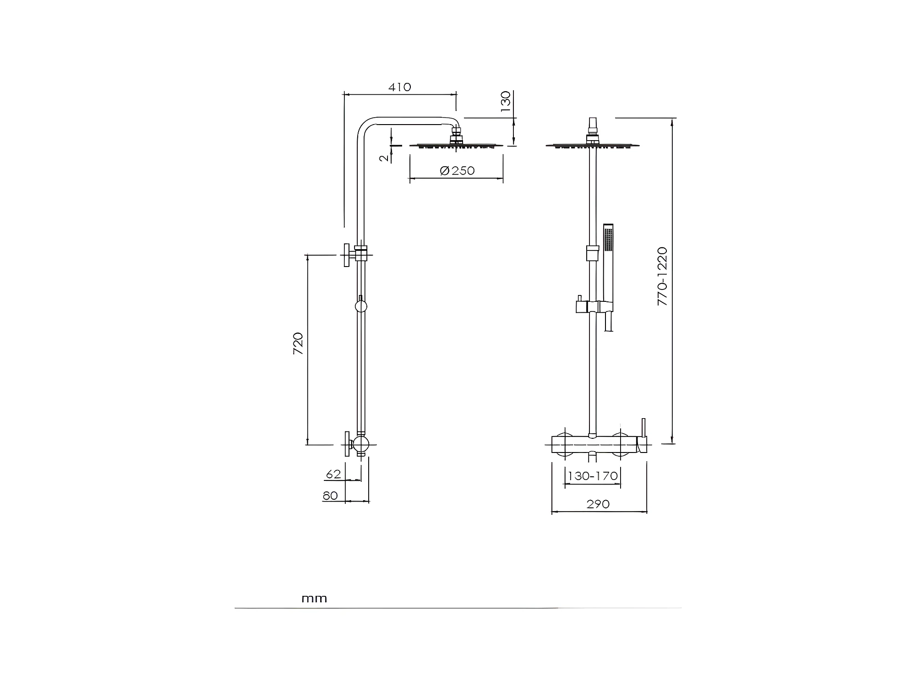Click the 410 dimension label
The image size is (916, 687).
click(x=400, y=87)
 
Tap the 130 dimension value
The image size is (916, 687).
click(x=505, y=102)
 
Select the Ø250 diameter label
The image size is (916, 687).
click(x=457, y=171)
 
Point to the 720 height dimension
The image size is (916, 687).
click(x=298, y=343)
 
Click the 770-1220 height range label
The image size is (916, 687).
click(x=663, y=276)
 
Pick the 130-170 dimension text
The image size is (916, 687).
click(x=593, y=476)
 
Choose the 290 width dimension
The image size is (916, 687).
click(x=598, y=504)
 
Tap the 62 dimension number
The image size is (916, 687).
click(x=333, y=474)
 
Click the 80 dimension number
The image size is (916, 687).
click(x=330, y=496)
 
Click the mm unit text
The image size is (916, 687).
click(x=314, y=599)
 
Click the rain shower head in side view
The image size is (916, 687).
click(x=456, y=146)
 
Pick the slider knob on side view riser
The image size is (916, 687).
click(x=361, y=306)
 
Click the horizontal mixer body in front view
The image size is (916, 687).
click(x=594, y=444)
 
